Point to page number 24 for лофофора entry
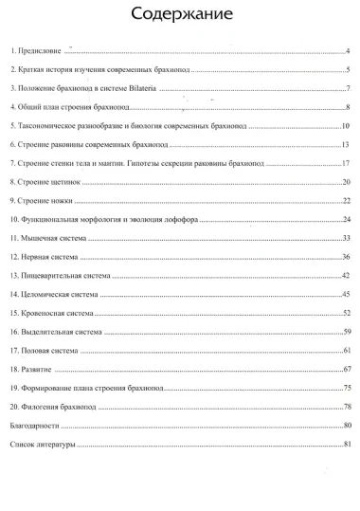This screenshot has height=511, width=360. point(348,219)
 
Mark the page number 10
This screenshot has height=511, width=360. point(348,126)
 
